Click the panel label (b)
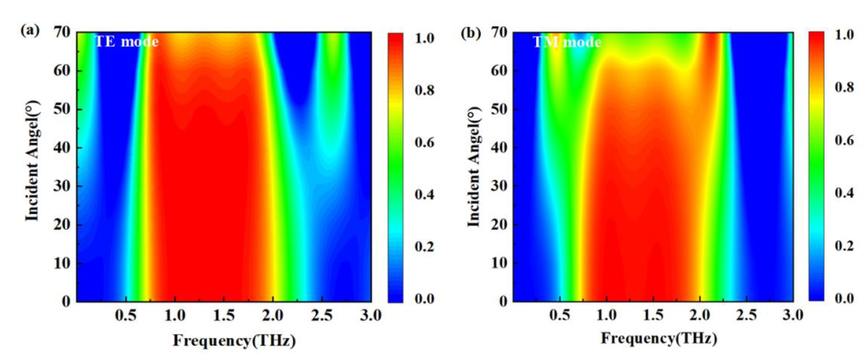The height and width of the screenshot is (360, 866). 470,33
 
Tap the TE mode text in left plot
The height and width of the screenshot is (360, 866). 127,42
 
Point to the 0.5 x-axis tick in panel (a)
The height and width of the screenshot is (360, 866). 126,316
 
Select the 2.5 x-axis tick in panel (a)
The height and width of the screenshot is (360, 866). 322,316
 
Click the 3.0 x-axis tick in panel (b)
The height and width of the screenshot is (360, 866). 793,315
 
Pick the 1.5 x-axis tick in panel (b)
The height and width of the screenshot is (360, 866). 653,315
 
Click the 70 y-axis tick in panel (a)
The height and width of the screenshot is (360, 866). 62,32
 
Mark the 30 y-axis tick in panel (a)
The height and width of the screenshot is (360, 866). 62,186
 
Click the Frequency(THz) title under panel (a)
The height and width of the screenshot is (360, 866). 234,341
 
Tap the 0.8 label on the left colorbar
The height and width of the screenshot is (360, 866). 424,90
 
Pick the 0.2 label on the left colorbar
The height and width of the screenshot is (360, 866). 424,247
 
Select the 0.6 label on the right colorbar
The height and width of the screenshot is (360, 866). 844,140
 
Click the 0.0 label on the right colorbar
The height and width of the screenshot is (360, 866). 844,298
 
